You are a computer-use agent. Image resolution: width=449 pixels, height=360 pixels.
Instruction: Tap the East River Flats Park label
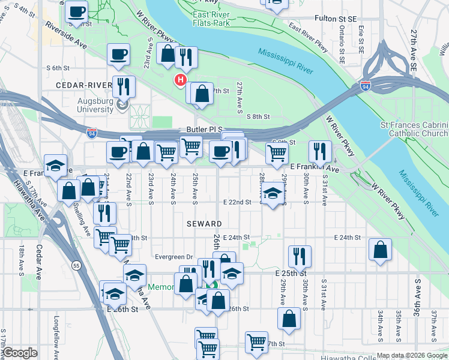point(211,18)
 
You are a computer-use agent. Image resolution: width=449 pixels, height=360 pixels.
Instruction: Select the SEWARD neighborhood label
point(204,223)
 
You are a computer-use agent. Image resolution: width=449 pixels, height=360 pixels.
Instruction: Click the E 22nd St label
point(236,202)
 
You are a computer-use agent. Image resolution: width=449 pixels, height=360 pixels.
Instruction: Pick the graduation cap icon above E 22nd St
point(273,194)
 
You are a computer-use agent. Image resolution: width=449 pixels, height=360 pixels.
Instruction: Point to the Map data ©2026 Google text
point(411,355)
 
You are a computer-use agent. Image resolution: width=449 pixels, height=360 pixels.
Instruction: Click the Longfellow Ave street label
point(56,336)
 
